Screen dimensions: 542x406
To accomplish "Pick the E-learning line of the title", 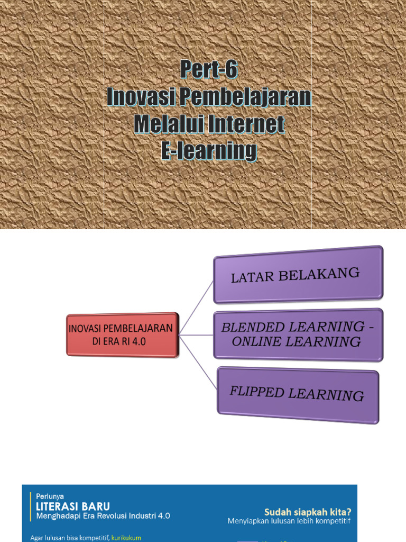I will pos(208,152).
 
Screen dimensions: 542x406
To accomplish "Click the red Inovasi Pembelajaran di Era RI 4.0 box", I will pos(122,335).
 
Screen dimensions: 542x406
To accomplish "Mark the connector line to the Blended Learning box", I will pos(196,335).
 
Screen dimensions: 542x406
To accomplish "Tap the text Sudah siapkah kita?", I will pos(308,512).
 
